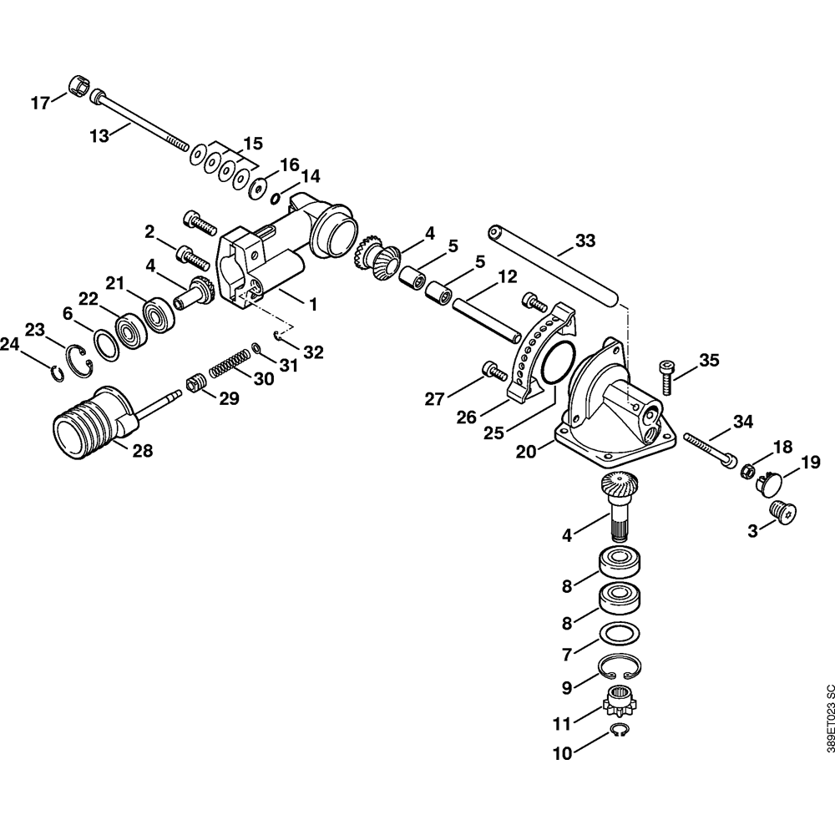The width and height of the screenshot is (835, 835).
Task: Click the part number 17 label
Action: tap(40, 104)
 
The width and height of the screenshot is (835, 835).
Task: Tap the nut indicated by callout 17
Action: tap(78, 85)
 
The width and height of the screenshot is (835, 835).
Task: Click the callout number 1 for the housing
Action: tap(312, 306)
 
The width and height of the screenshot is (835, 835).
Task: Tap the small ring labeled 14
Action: tap(276, 198)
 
